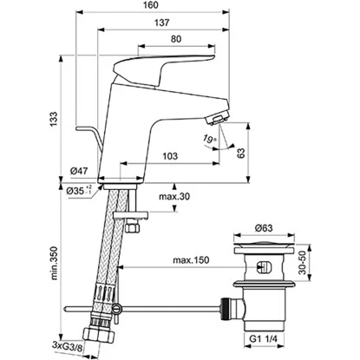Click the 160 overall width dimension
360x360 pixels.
(151, 5)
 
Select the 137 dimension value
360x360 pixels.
(161, 23)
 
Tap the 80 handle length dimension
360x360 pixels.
(176, 39)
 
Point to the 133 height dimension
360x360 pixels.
(54, 119)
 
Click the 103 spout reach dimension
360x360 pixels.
(170, 156)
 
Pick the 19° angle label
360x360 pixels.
(210, 139)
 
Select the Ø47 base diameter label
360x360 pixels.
(79, 172)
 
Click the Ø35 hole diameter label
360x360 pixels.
(79, 190)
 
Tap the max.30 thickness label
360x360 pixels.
(174, 197)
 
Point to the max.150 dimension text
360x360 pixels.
(191, 260)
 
